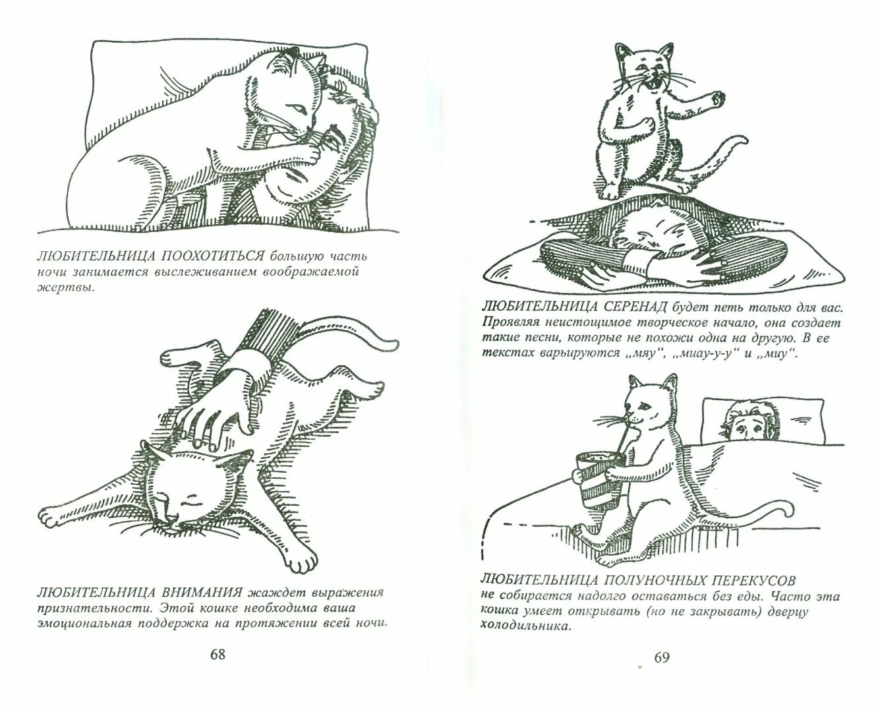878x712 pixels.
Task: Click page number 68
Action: click(x=218, y=655)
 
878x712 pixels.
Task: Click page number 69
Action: click(x=661, y=657)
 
